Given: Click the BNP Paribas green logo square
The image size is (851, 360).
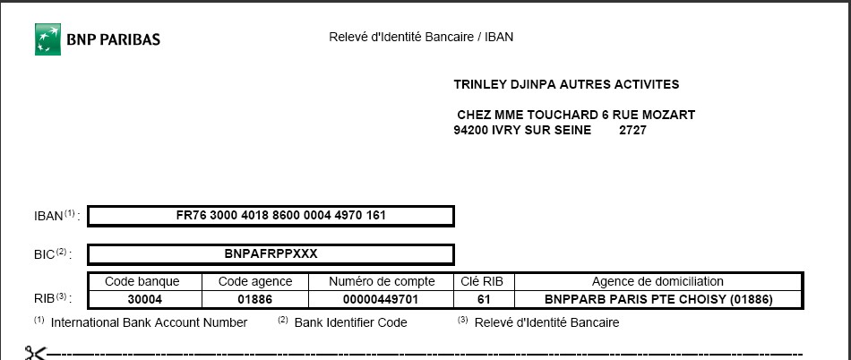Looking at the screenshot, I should (x=47, y=39).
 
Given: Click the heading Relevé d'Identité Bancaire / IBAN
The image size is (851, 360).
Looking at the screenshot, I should (x=421, y=38).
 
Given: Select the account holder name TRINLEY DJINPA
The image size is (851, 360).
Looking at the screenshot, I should (x=505, y=85).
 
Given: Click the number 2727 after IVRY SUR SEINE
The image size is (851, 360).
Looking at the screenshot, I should (x=632, y=130).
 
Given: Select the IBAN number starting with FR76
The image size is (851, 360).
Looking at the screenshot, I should (x=271, y=216).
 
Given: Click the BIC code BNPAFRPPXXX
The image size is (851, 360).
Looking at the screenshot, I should (x=271, y=253).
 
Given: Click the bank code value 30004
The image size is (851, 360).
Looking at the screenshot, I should (x=144, y=299).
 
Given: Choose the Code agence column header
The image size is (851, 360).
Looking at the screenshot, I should (x=255, y=281).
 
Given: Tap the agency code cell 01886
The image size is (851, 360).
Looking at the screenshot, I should (x=255, y=299).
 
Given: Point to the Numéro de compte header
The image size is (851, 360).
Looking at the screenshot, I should (x=382, y=281).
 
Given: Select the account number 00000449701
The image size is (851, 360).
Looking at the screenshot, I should (x=382, y=299).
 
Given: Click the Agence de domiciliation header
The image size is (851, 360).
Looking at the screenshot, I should (x=658, y=281).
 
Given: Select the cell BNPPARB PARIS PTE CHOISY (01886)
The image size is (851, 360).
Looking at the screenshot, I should (x=658, y=299).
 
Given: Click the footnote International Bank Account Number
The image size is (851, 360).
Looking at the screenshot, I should (x=149, y=322).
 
